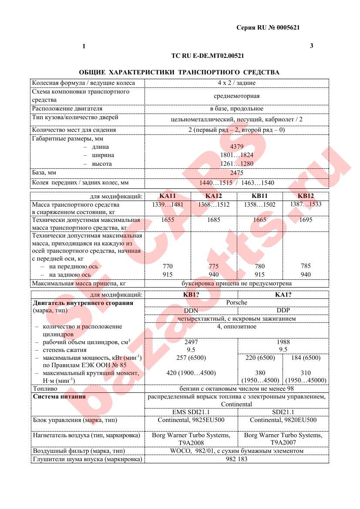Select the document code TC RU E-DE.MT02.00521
point(208,56)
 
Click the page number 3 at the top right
point(311,46)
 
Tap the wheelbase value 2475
point(236,173)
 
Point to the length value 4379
point(236,147)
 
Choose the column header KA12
point(213,196)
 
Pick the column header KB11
point(259,196)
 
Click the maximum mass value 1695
point(306,220)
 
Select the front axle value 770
point(168,266)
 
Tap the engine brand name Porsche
point(236,302)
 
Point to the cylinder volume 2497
point(191,342)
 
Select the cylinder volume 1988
point(283,342)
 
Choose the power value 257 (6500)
point(191,358)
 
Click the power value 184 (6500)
point(306,358)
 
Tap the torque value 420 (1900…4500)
point(191,373)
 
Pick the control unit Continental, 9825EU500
point(191,420)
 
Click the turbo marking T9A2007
point(283,442)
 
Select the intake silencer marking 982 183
point(236,459)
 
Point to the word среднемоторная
point(236,96)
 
